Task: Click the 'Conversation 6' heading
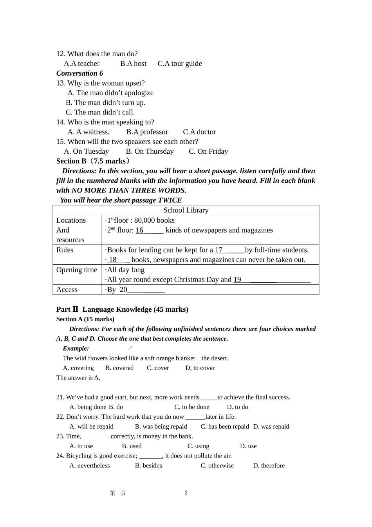(79, 73)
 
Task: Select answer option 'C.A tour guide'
(180, 64)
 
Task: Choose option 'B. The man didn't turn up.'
(105, 103)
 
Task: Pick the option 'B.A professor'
(147, 132)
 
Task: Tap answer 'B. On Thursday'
(150, 152)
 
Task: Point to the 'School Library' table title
(186, 211)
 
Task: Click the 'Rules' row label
(65, 250)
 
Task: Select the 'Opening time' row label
(77, 270)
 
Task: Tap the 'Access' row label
(67, 290)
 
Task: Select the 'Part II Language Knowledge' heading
(122, 309)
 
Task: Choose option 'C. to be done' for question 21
(192, 407)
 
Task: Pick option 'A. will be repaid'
(91, 427)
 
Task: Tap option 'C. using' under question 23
(199, 446)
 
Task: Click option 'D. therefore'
(269, 466)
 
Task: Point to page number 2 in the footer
(186, 493)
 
